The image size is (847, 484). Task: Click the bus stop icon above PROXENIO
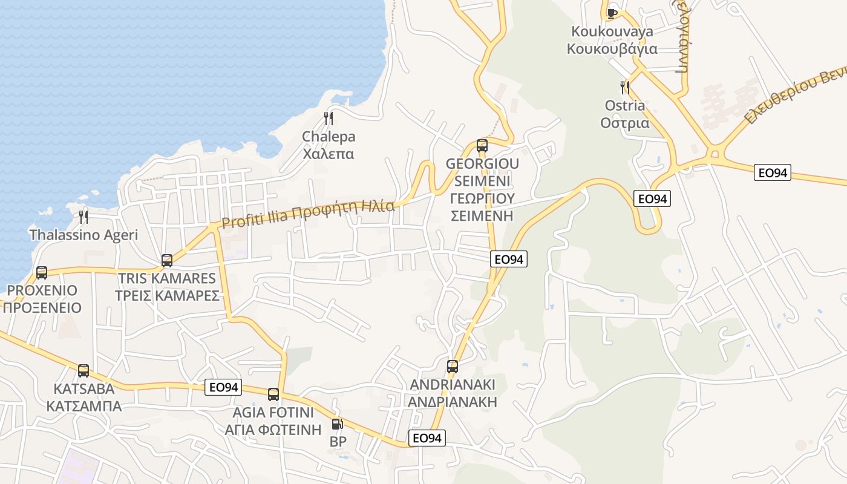click(x=42, y=273)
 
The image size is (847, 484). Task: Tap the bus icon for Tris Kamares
click(x=167, y=261)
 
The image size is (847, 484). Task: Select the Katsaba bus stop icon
click(x=83, y=370)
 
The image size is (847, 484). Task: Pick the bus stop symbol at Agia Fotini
click(x=273, y=394)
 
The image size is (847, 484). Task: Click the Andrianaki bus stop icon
click(x=453, y=366)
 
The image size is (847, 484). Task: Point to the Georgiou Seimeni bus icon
click(x=482, y=145)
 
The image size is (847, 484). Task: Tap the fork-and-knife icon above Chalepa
click(x=329, y=118)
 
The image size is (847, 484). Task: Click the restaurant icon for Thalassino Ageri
click(x=83, y=217)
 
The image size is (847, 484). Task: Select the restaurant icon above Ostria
click(x=625, y=88)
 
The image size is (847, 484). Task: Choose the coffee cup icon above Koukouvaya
click(x=612, y=13)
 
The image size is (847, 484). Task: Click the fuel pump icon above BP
click(x=337, y=424)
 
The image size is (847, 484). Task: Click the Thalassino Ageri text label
click(x=83, y=235)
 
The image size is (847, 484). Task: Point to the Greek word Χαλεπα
click(x=329, y=154)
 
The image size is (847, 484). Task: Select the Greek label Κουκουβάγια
click(x=612, y=49)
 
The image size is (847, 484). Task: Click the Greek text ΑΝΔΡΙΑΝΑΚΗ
click(x=453, y=402)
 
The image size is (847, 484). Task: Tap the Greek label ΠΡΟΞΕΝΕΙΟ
click(x=42, y=308)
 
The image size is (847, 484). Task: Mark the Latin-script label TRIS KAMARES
click(x=167, y=278)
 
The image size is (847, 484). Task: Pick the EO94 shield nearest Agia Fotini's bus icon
click(x=224, y=387)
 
